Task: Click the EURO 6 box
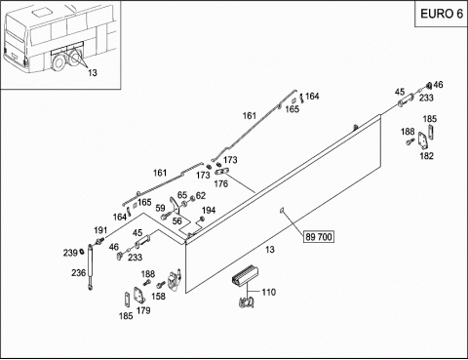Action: [442, 14]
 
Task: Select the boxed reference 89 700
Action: [319, 237]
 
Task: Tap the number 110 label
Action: [269, 292]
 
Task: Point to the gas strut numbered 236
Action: [90, 266]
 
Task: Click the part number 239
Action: [70, 253]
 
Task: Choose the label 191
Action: [100, 230]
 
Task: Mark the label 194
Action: [209, 211]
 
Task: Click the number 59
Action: [160, 208]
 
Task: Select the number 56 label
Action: [176, 221]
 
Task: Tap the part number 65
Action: [182, 195]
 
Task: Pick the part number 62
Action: [201, 195]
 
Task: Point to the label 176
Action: [221, 183]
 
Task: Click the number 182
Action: [427, 156]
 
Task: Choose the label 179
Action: [143, 310]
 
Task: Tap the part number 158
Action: [158, 297]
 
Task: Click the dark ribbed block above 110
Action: [245, 276]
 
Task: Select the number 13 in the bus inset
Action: [93, 73]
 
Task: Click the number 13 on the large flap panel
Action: [270, 250]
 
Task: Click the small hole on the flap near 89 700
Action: [282, 211]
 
